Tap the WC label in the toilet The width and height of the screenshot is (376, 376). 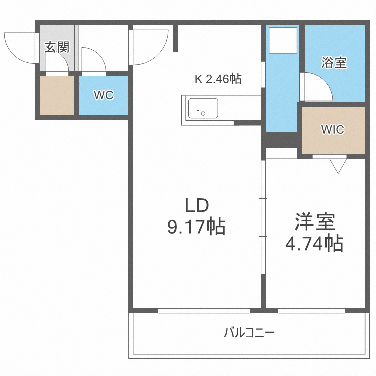tap(104, 95)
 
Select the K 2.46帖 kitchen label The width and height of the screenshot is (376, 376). tap(218, 79)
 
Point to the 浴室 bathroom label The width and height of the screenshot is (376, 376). tap(334, 63)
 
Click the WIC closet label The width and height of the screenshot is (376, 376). tap(333, 130)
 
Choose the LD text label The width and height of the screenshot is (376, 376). tap(196, 206)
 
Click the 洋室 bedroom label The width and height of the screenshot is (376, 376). tap(314, 222)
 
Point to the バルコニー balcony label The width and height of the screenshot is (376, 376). tap(249, 332)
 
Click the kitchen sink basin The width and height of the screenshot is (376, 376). tap(202, 108)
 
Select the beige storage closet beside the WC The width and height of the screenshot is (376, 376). tap(57, 95)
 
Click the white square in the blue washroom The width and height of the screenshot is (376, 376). tap(284, 41)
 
